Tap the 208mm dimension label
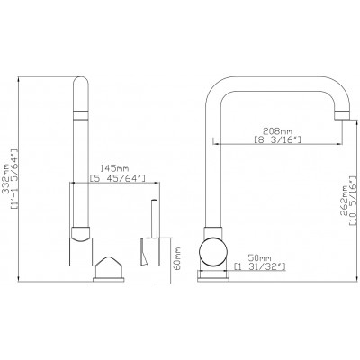(277, 130)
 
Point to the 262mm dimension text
(344, 201)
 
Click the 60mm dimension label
(177, 258)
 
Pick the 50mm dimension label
(260, 258)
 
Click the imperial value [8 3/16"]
(277, 139)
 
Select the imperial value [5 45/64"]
(118, 178)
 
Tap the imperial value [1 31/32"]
(260, 266)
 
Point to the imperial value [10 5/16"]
(353, 201)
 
